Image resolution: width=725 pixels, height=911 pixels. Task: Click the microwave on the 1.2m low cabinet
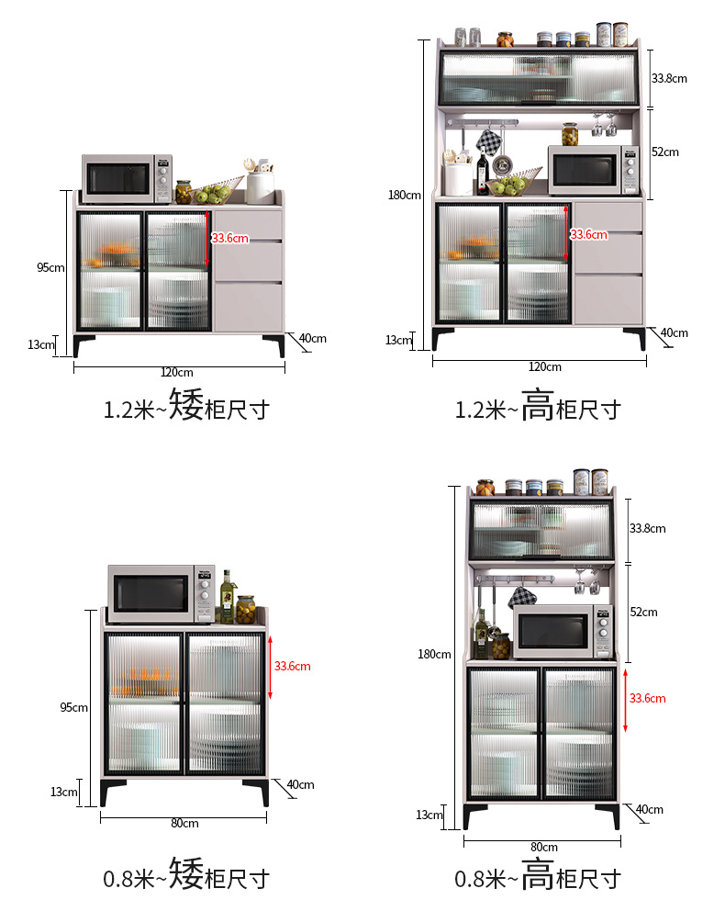(128, 178)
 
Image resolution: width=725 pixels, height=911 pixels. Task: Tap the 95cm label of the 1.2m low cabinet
(50, 267)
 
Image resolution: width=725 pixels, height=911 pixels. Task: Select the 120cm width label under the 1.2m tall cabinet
(545, 366)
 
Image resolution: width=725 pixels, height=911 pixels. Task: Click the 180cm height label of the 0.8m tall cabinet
(434, 654)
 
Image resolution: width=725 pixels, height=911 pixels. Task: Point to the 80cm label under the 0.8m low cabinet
(184, 823)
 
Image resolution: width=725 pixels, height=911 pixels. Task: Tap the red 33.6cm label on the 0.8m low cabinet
(293, 666)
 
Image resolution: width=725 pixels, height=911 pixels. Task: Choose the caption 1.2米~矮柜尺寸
(186, 407)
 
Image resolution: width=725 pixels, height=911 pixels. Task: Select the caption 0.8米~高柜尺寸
(539, 877)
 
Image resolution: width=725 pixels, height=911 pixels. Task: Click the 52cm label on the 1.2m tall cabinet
(665, 152)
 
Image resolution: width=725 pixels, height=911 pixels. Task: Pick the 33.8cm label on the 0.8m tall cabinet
(647, 528)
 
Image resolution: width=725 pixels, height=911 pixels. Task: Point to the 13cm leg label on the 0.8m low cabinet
(64, 792)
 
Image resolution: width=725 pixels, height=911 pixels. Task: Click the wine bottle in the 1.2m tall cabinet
(483, 174)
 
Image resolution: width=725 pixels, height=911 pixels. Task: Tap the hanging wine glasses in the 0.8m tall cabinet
(585, 580)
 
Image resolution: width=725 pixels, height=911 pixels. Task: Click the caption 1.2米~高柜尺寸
(539, 407)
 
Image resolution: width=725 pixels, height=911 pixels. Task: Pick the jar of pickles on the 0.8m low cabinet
(246, 609)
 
